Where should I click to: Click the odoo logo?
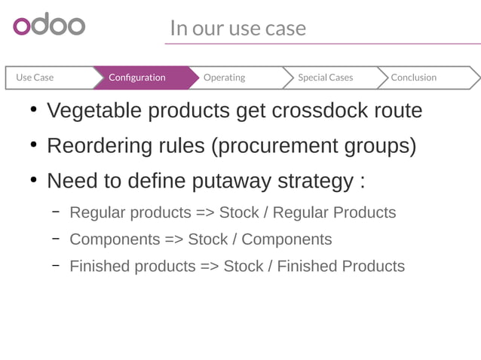[x=49, y=25]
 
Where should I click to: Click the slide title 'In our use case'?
[x=237, y=28]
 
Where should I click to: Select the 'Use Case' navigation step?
[x=35, y=78]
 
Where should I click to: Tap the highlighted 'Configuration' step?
[x=137, y=78]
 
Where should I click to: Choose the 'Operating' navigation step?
[x=224, y=78]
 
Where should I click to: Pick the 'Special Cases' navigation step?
[x=325, y=78]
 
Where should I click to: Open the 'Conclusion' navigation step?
[x=413, y=78]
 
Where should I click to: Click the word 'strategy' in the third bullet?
[x=314, y=182]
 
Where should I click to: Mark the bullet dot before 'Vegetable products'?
[x=33, y=111]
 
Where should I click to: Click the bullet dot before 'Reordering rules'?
[x=33, y=145]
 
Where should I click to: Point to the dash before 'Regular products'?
[x=56, y=212]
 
